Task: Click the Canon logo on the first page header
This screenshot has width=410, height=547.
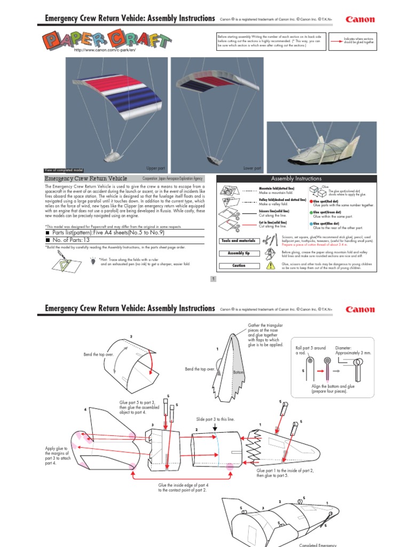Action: click(x=360, y=20)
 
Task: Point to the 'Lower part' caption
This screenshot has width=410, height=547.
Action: click(x=252, y=168)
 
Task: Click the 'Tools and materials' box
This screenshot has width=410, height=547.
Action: click(x=236, y=241)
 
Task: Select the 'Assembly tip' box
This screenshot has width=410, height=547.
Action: click(x=236, y=253)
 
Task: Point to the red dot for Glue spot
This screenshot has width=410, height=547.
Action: click(x=311, y=201)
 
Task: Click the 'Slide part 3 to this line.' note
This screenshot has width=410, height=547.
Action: click(x=215, y=420)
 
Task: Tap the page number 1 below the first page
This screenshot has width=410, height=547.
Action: click(x=213, y=279)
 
